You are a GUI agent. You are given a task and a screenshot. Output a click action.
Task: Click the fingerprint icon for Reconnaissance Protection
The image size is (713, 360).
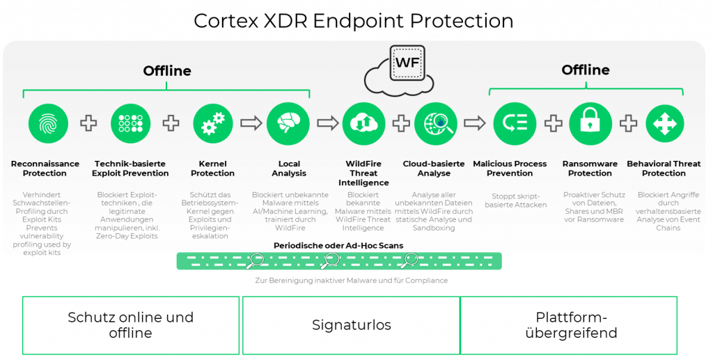pyautogui.click(x=48, y=123)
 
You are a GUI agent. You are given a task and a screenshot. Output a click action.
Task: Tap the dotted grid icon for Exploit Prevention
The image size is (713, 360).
pyautogui.click(x=130, y=123)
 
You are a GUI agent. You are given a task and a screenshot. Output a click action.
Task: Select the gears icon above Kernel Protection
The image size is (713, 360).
pyautogui.click(x=212, y=123)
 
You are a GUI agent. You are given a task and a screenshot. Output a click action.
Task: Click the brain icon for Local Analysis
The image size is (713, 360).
pyautogui.click(x=288, y=123)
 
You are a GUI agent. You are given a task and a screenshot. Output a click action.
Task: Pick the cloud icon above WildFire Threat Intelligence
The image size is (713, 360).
pyautogui.click(x=363, y=123)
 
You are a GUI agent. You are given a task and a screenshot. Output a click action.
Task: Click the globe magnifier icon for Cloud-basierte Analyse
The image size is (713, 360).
pyautogui.click(x=436, y=123)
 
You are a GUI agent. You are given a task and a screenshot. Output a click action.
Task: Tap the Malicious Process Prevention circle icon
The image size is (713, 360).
pyautogui.click(x=515, y=123)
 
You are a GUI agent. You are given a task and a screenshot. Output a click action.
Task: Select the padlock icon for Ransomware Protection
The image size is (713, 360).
pyautogui.click(x=590, y=123)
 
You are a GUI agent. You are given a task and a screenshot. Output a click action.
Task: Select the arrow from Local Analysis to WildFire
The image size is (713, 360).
pyautogui.click(x=327, y=123)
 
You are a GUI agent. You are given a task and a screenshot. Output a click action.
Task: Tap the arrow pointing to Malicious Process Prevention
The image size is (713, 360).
pyautogui.click(x=475, y=123)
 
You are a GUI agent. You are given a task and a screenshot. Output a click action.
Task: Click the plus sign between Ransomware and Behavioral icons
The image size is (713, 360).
pyautogui.click(x=628, y=123)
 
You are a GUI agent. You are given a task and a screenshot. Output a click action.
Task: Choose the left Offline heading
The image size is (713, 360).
pyautogui.click(x=167, y=71)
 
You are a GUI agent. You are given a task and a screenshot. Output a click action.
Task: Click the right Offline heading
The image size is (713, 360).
pyautogui.click(x=586, y=70)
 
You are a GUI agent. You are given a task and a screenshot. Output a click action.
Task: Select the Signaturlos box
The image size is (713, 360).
pyautogui.click(x=351, y=325)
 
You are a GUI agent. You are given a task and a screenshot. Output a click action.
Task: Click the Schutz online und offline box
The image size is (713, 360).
pyautogui.click(x=131, y=325)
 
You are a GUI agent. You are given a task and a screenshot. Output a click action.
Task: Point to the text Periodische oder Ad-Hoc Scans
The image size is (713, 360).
pyautogui.click(x=338, y=246)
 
